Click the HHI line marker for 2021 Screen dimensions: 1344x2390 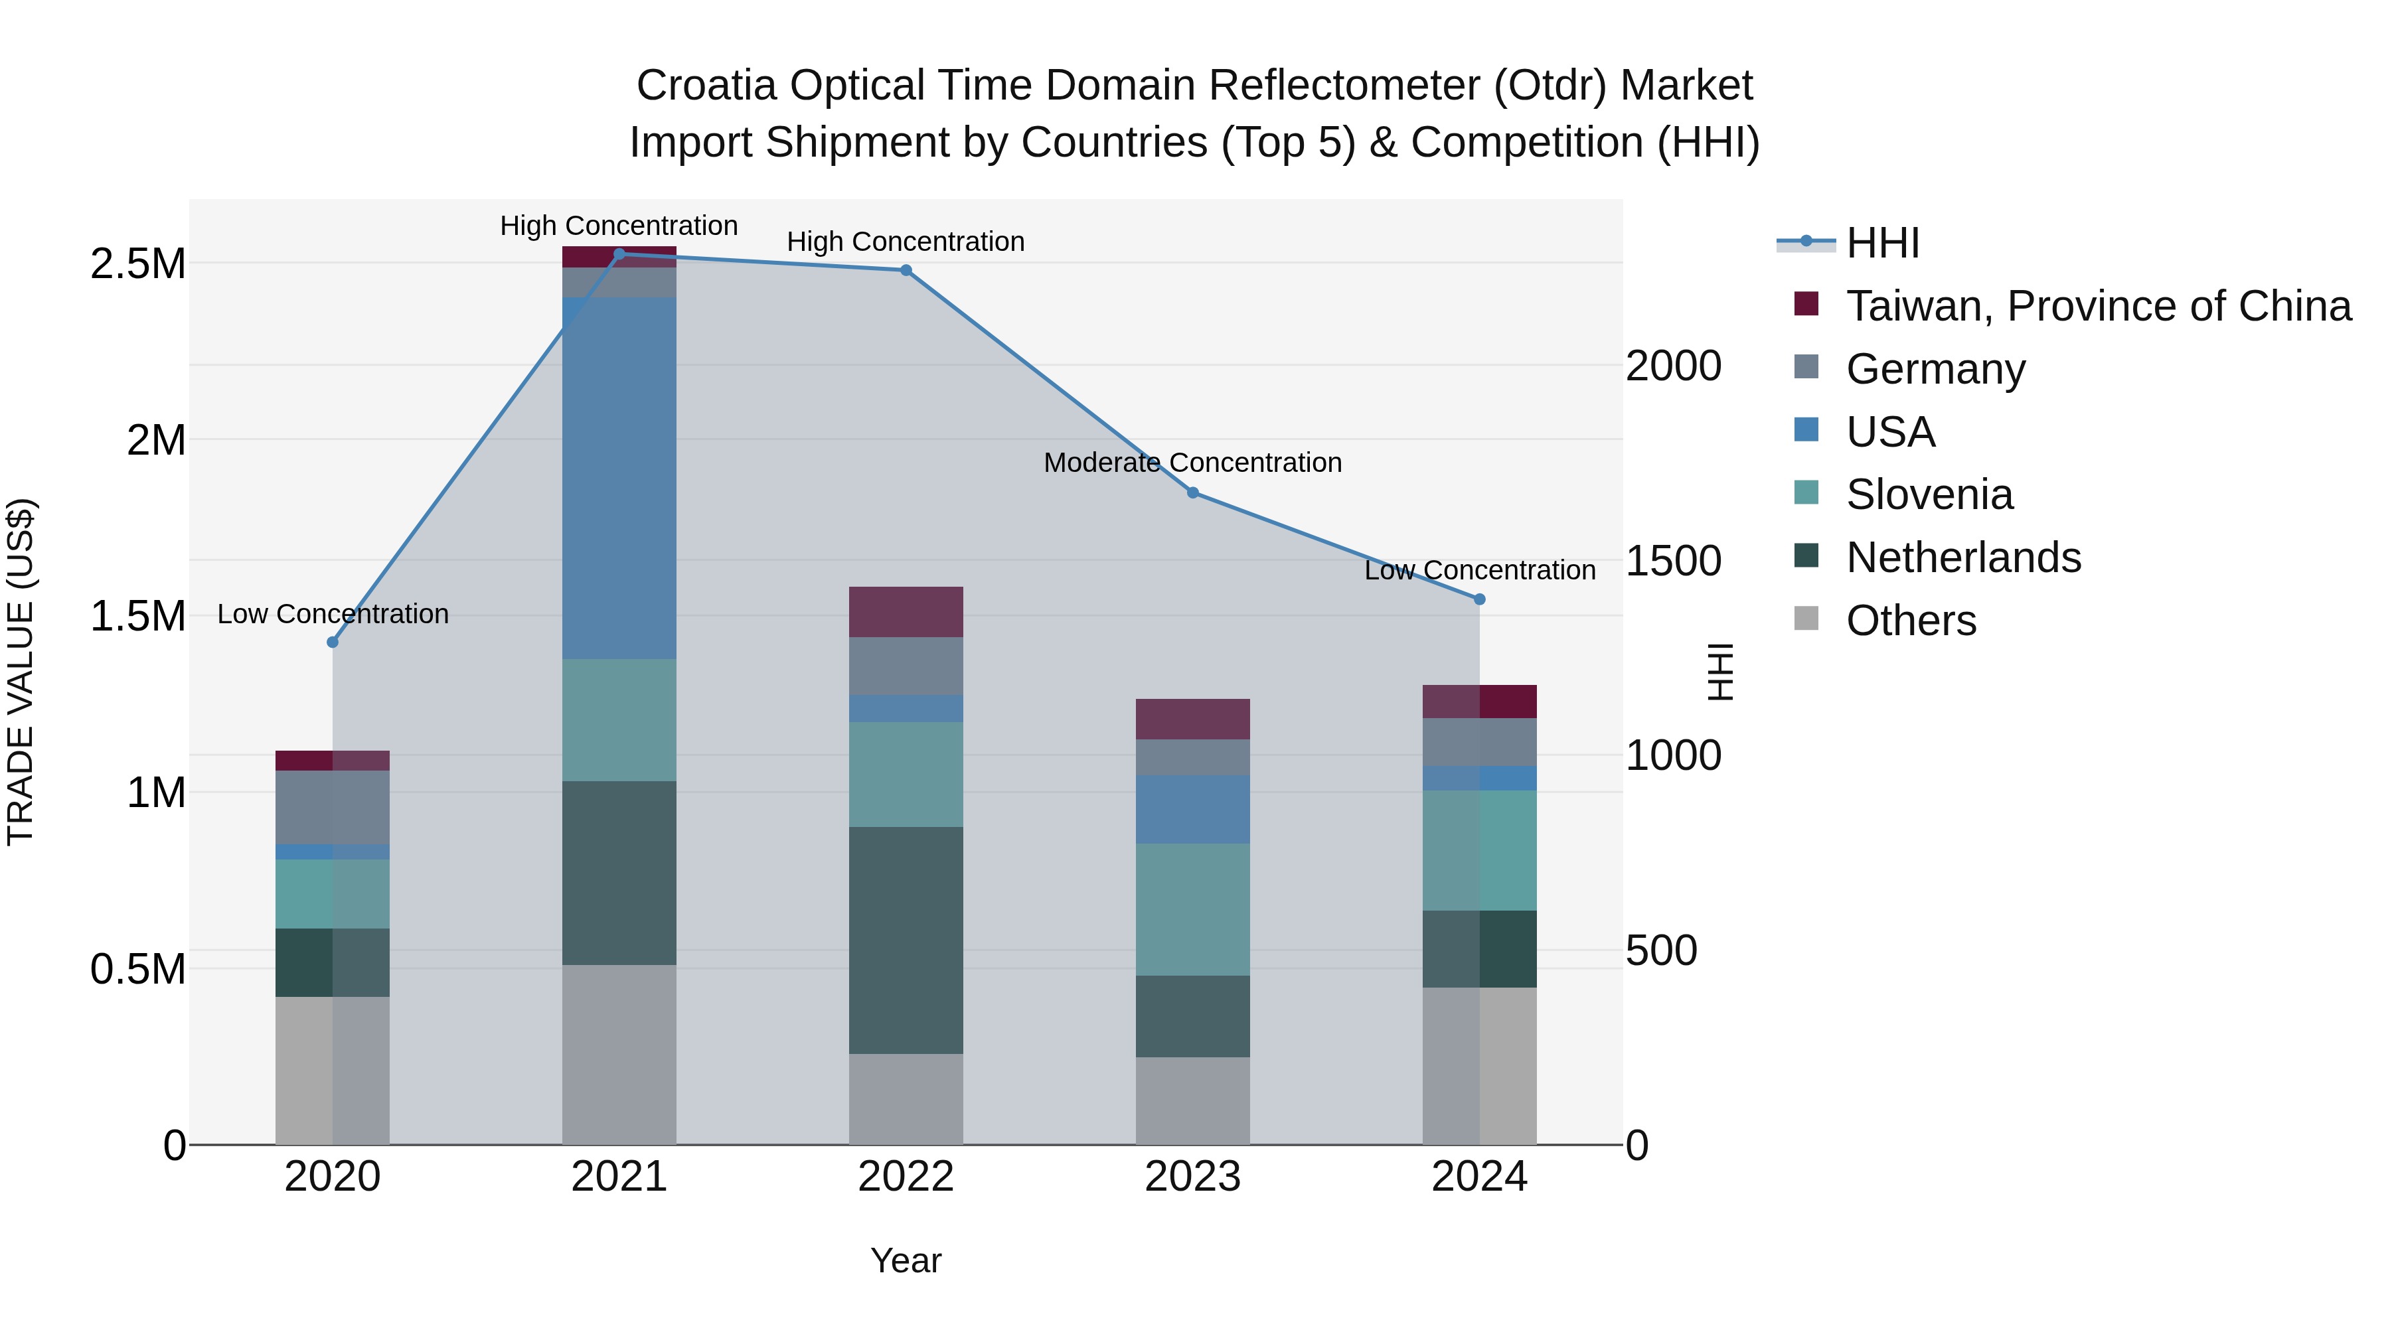click(x=620, y=254)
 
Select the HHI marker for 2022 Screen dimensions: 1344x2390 click(x=906, y=271)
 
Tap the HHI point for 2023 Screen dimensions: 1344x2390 click(x=1193, y=492)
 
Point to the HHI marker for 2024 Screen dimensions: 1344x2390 click(x=1480, y=599)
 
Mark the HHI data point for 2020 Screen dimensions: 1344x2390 click(x=333, y=642)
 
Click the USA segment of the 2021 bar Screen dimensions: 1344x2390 click(x=620, y=478)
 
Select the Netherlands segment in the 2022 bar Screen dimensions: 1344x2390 click(x=906, y=940)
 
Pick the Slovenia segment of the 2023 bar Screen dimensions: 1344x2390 click(x=1193, y=909)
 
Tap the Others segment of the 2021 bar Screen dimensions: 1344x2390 click(x=620, y=1055)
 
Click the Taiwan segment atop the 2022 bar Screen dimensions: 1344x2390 click(x=906, y=611)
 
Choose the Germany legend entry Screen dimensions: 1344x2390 click(x=1935, y=369)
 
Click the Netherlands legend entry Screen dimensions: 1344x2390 click(x=1963, y=558)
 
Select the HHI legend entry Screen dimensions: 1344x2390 click(x=1883, y=243)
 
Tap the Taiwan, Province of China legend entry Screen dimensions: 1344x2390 click(x=2098, y=306)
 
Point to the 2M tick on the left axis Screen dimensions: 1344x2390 click(x=156, y=439)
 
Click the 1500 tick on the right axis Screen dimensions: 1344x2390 click(x=1673, y=560)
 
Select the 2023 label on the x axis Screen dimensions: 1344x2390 click(x=1193, y=1177)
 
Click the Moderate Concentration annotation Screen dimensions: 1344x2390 click(x=1193, y=462)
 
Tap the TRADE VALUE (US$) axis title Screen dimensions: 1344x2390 click(x=21, y=672)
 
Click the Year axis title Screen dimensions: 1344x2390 click(x=906, y=1260)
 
